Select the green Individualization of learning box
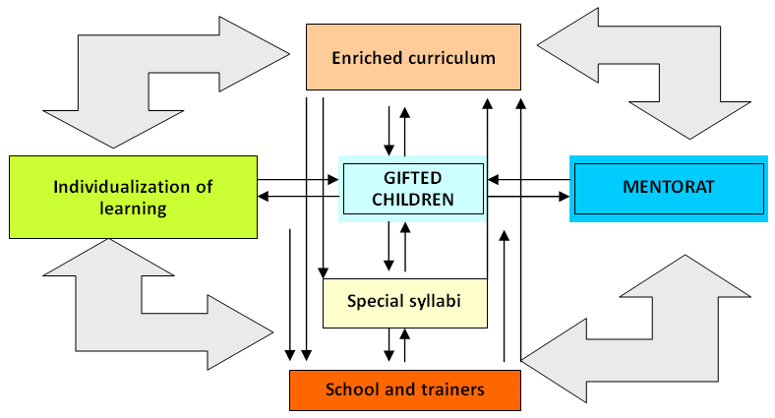(x=133, y=197)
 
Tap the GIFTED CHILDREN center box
(x=412, y=188)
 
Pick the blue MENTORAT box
(x=668, y=187)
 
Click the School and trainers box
(x=404, y=389)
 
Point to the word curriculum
(x=453, y=58)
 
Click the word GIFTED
(x=412, y=177)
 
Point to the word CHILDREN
(x=412, y=200)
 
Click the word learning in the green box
(x=134, y=208)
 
